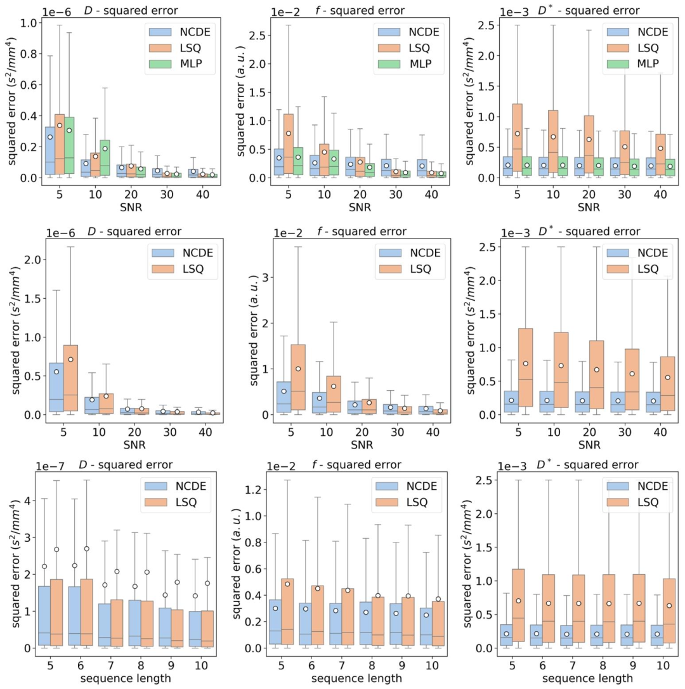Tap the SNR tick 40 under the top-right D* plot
(x=653, y=194)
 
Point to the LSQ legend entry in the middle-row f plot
(x=406, y=268)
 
